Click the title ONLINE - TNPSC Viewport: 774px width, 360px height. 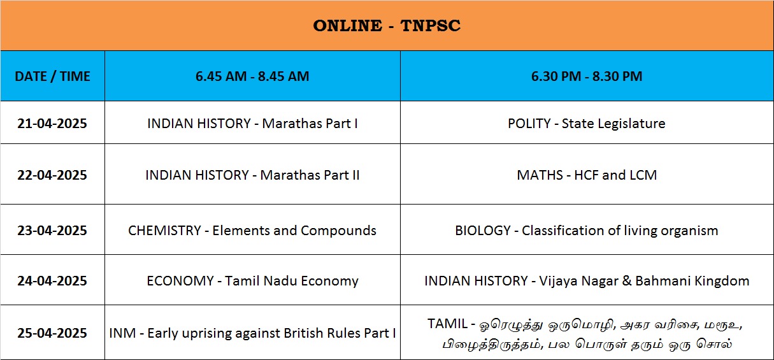click(x=387, y=25)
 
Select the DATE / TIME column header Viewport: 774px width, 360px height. click(x=52, y=76)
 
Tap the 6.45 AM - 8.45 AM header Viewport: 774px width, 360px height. click(x=252, y=76)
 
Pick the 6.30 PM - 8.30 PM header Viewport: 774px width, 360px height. click(x=587, y=76)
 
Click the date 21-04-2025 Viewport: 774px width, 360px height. click(x=52, y=124)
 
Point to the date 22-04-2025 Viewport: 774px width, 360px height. click(x=52, y=175)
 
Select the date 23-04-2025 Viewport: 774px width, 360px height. click(x=52, y=231)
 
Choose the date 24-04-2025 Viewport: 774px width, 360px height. click(x=52, y=281)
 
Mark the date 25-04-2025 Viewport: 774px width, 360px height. click(x=52, y=333)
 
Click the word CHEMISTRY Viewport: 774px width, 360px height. click(x=164, y=231)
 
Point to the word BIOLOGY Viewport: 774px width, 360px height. click(x=483, y=231)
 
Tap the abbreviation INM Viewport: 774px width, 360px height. click(x=122, y=333)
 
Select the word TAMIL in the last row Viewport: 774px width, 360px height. click(x=447, y=324)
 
